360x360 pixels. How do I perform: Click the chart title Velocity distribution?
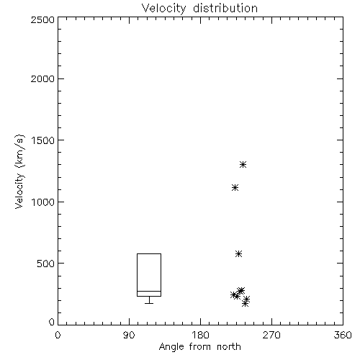pyautogui.click(x=199, y=8)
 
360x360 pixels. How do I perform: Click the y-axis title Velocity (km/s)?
pyautogui.click(x=19, y=171)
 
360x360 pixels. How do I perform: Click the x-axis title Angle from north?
pyautogui.click(x=200, y=346)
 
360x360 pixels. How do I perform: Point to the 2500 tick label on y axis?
pyautogui.click(x=42, y=19)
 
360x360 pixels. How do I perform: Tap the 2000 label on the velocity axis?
pyautogui.click(x=42, y=78)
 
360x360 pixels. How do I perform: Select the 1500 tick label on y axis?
pyautogui.click(x=43, y=140)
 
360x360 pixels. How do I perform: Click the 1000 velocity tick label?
pyautogui.click(x=43, y=202)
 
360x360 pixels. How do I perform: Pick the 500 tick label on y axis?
pyautogui.click(x=46, y=264)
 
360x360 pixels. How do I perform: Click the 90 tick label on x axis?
pyautogui.click(x=129, y=335)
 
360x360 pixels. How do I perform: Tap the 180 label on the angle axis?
pyautogui.click(x=200, y=335)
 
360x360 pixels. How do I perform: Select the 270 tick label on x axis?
pyautogui.click(x=271, y=335)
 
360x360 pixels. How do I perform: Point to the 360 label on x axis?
pyautogui.click(x=343, y=335)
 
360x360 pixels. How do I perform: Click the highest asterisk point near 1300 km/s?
pyautogui.click(x=243, y=164)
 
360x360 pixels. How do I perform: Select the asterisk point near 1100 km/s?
pyautogui.click(x=235, y=187)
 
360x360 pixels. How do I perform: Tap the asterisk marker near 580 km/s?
pyautogui.click(x=238, y=253)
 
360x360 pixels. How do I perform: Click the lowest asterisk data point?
pyautogui.click(x=245, y=304)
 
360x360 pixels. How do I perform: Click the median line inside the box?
pyautogui.click(x=149, y=291)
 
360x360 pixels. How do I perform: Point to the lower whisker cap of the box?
pyautogui.click(x=149, y=303)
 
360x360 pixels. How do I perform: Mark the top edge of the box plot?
pyautogui.click(x=149, y=253)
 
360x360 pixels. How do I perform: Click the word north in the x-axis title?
pyautogui.click(x=229, y=346)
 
